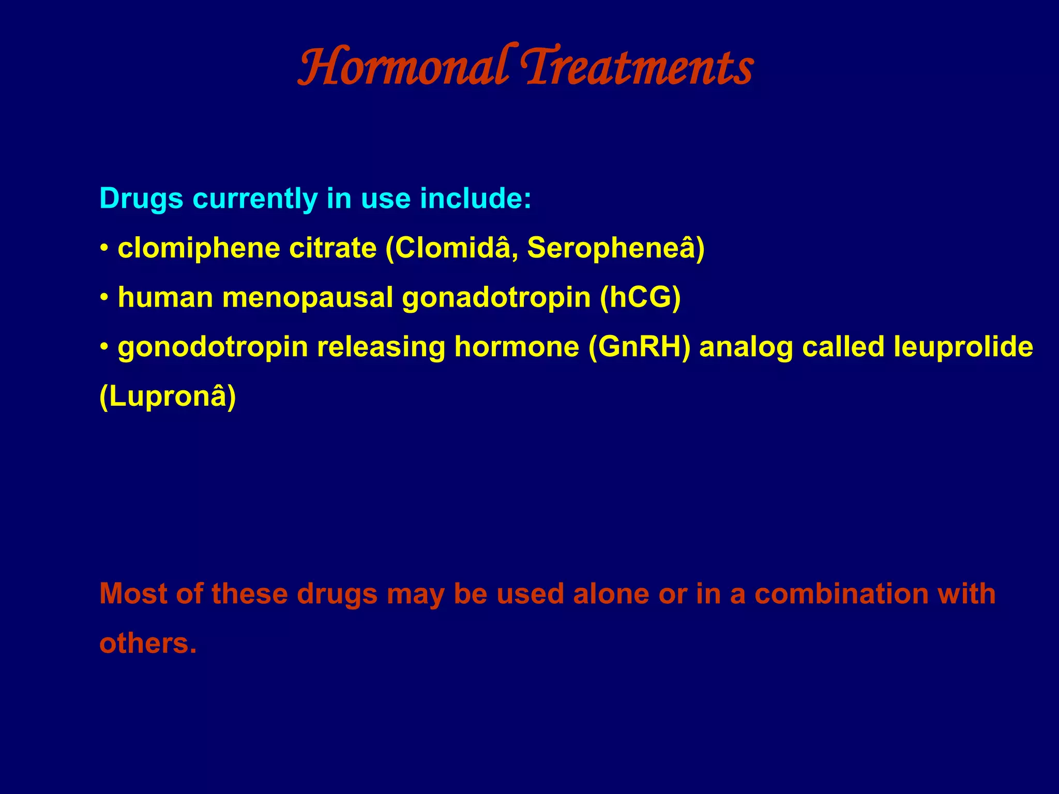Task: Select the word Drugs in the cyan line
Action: point(141,198)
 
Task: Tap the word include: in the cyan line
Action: point(475,198)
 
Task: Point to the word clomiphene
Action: point(199,249)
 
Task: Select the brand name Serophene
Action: point(610,248)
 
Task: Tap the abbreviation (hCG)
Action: point(640,298)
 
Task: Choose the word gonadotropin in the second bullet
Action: point(496,299)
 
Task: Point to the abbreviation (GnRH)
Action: point(639,347)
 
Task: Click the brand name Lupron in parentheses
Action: point(167,397)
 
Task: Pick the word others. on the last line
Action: point(148,644)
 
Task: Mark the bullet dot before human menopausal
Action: point(104,298)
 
